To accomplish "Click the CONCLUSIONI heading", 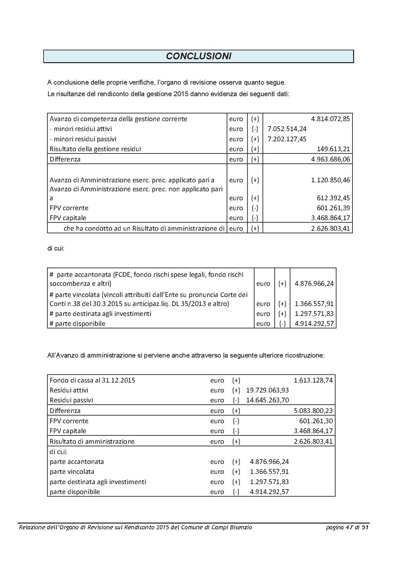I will point(198,56).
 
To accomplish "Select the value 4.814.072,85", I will point(330,119).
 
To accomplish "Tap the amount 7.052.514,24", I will point(287,129).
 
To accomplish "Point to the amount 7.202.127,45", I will point(287,139).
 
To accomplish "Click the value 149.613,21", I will point(333,149).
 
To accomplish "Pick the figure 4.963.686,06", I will point(330,159).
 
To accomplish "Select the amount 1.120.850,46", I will point(330,180).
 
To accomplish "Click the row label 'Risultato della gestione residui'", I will point(95,149).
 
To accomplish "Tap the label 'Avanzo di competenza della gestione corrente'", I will point(118,119).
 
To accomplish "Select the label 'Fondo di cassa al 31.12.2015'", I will point(92,381).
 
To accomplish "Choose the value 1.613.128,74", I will point(313,381).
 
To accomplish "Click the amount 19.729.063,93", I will point(267,390).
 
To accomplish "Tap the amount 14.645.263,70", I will point(267,400).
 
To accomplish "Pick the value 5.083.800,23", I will point(313,411).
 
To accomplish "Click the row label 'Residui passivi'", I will point(71,400).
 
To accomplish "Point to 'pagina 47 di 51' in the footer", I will point(347,527).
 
